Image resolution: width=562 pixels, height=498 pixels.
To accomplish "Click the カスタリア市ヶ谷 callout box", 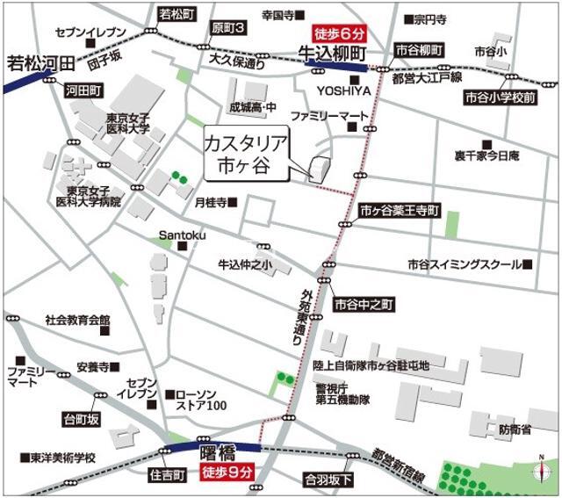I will tap(246, 154).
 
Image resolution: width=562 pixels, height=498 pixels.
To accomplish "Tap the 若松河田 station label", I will tap(40, 64).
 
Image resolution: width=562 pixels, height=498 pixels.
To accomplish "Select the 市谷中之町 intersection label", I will tap(365, 304).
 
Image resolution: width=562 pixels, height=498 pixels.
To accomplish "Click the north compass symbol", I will tap(539, 472).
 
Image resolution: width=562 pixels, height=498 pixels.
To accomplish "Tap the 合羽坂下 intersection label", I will tap(328, 480).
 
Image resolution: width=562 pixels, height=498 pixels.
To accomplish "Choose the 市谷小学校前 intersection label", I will tap(501, 97).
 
